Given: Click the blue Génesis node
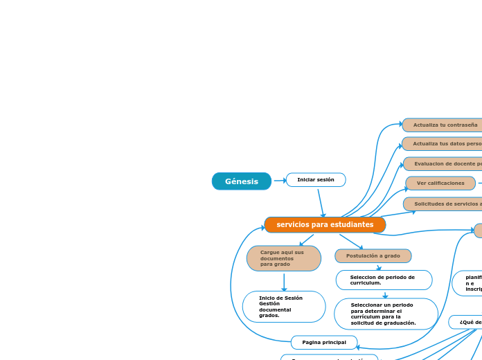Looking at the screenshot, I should (x=241, y=181).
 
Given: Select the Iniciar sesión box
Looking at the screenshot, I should (x=316, y=180).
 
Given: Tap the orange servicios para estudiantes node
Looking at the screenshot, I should (x=325, y=225).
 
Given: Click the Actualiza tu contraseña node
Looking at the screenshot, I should (x=443, y=125).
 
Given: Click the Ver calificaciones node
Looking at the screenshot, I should (x=440, y=183).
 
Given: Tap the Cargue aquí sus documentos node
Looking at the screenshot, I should (x=283, y=258).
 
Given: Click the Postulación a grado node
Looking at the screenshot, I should (x=373, y=256).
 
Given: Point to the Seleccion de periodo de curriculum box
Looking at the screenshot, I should (x=384, y=280).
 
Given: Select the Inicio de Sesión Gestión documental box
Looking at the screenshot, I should (x=284, y=307).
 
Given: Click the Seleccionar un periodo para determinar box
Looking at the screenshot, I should (x=386, y=314).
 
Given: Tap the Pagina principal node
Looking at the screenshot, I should (x=324, y=343).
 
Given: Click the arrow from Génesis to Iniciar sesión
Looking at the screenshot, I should (x=279, y=181).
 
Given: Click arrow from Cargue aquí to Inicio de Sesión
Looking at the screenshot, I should (x=284, y=282).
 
